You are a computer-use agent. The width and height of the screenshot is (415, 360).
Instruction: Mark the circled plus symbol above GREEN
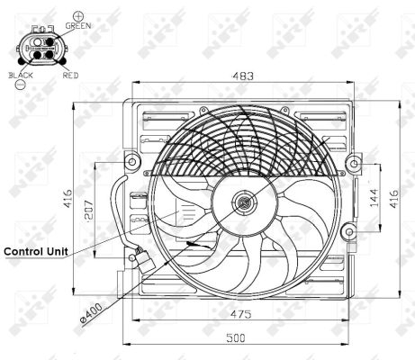pyautogui.click(x=78, y=16)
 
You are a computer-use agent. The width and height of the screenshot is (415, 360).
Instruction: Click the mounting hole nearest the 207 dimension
pyautogui.click(x=133, y=163)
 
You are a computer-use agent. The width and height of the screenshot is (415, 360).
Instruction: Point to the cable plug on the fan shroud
pyautogui.click(x=137, y=257)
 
